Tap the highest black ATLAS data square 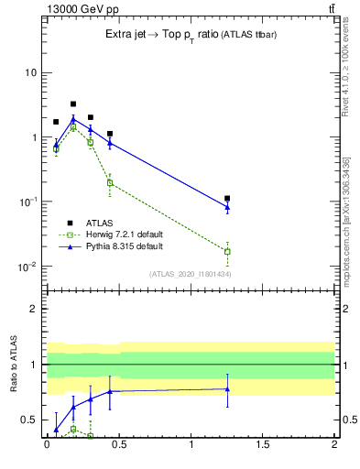coord(73,104)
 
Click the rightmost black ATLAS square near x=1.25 coord(227,198)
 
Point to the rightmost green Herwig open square coord(227,251)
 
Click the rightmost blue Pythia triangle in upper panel coord(227,207)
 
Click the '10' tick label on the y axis coord(31,72)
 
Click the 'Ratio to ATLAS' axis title coord(14,365)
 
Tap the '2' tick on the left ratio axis coord(36,309)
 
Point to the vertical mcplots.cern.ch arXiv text coord(346,220)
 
